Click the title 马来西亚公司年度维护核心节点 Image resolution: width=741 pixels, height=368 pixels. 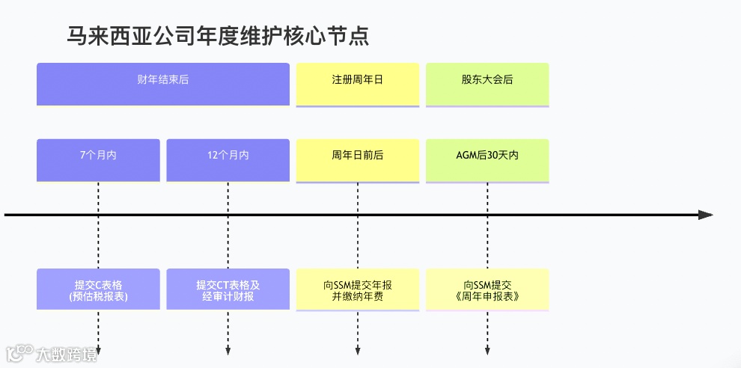(218, 35)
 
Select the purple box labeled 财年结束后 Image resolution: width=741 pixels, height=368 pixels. (163, 83)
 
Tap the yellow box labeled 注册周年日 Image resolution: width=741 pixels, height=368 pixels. (357, 83)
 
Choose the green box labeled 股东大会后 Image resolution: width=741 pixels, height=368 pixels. (487, 83)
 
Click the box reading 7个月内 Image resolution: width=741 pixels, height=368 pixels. (98, 159)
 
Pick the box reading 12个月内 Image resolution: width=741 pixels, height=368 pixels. (228, 159)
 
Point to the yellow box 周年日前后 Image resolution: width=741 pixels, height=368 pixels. (357, 159)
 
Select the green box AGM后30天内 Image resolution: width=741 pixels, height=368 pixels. (487, 159)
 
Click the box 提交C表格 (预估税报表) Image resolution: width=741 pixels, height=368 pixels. (98, 289)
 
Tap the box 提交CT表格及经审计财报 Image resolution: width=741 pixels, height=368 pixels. (228, 289)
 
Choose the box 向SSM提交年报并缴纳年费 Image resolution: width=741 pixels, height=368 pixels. (357, 289)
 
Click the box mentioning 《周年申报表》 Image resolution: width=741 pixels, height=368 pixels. (487, 289)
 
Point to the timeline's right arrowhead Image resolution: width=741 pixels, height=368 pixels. (705, 215)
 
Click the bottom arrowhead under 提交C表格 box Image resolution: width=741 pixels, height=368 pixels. (98, 352)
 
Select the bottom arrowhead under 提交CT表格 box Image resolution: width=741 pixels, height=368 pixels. (228, 352)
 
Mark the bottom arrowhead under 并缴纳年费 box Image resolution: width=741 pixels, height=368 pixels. (357, 352)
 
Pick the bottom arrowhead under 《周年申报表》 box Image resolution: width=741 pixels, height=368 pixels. (487, 352)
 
